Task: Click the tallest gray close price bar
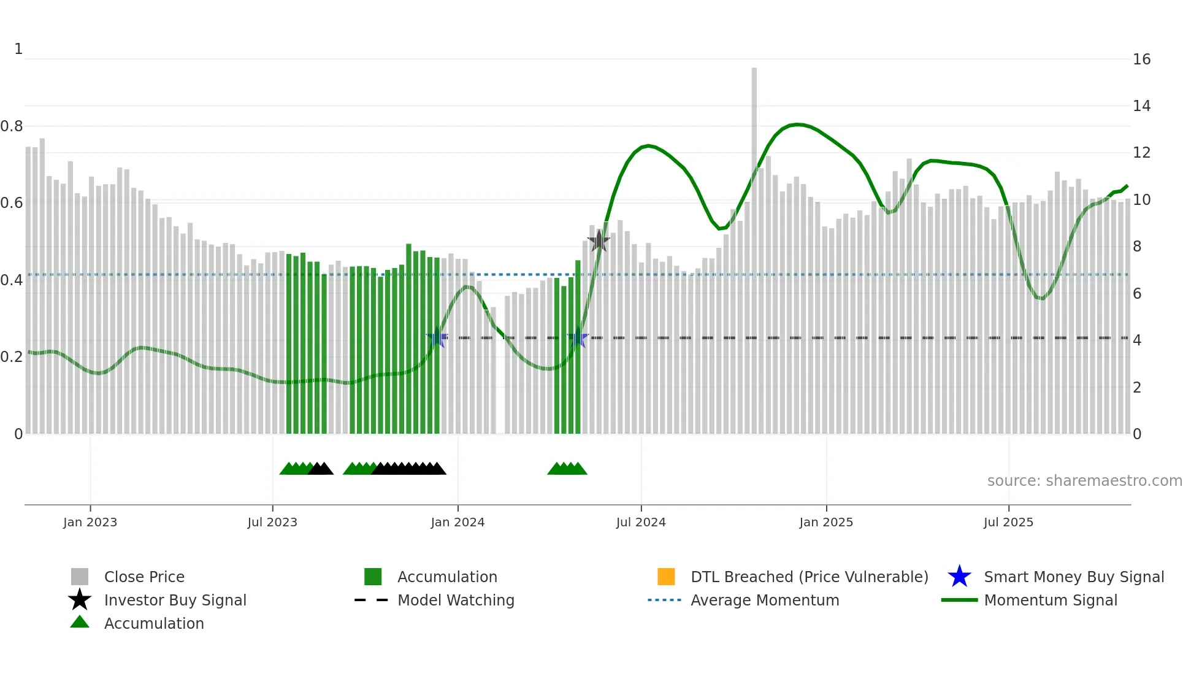754,245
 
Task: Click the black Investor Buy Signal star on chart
599,241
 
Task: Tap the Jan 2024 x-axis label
457,522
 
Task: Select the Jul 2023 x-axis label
272,522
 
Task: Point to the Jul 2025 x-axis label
1008,522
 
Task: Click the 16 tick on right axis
1141,60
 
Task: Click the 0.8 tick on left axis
12,126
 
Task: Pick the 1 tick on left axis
18,49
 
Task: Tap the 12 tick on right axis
1141,153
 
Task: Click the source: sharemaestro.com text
1084,481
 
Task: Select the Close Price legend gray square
80,577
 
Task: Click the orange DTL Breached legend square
666,577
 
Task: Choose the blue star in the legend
959,577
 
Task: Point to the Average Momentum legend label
765,600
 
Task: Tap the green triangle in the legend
80,623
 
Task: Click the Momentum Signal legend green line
959,600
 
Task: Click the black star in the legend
80,600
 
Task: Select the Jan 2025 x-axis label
826,522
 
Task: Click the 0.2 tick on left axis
12,357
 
